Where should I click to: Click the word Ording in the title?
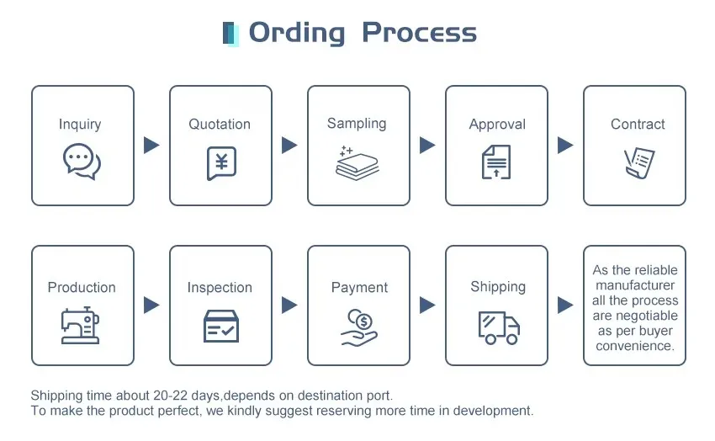click(297, 34)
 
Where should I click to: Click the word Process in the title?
click(420, 33)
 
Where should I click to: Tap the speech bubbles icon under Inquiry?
click(82, 162)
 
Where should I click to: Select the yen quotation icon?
click(221, 162)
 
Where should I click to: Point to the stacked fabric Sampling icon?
click(357, 163)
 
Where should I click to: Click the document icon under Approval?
click(496, 162)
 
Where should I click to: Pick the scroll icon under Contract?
click(639, 162)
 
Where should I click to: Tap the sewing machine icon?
click(80, 325)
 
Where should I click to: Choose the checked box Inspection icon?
click(221, 326)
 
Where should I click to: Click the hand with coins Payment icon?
click(359, 327)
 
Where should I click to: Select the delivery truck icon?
click(499, 327)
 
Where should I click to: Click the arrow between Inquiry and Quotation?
click(151, 145)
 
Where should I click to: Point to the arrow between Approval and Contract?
click(565, 145)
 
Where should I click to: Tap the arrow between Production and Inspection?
click(151, 306)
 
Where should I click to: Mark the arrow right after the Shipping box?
click(565, 306)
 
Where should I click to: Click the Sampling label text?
click(357, 124)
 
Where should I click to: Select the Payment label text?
click(359, 288)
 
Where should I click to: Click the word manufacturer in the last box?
click(635, 285)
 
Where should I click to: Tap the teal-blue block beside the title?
click(230, 34)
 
